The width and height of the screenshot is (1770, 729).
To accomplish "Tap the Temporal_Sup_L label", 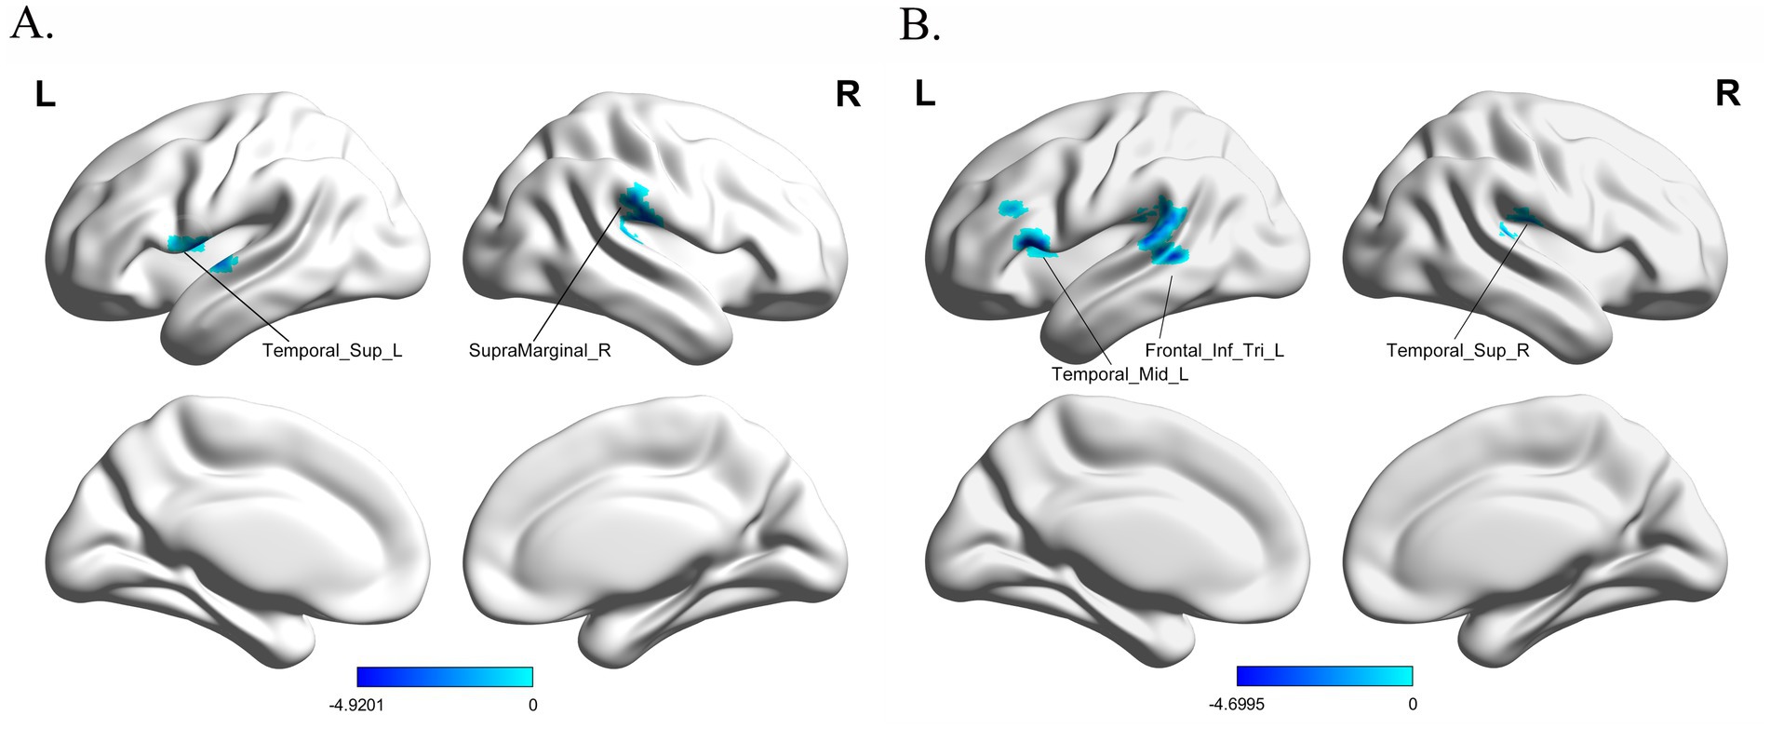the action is click(x=332, y=351).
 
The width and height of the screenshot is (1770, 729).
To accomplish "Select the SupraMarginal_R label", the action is click(x=540, y=351).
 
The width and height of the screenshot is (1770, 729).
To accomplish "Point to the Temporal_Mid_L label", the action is click(x=1120, y=374).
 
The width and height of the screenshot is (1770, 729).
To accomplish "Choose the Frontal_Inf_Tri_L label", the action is click(x=1214, y=351).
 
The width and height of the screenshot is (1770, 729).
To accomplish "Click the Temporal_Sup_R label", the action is click(x=1457, y=351).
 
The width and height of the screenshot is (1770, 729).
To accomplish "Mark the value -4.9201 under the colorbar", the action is click(x=356, y=705).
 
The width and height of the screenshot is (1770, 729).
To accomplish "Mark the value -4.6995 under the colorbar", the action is click(x=1237, y=705).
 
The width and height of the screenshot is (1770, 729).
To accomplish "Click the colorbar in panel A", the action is click(x=445, y=676).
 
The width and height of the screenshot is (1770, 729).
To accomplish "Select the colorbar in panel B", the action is click(x=1324, y=676).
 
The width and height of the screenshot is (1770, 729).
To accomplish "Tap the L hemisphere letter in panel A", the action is click(x=45, y=94).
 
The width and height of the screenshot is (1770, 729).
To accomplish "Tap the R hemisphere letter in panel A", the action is click(x=848, y=94).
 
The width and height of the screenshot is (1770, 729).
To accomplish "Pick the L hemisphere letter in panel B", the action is click(x=924, y=94).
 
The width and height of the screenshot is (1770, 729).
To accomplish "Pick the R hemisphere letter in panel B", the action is click(x=1727, y=94).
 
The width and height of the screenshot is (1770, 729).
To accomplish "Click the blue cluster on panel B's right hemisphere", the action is click(x=1519, y=221).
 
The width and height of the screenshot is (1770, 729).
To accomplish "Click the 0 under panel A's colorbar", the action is click(x=532, y=705).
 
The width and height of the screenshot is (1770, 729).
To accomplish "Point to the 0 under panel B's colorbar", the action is click(x=1412, y=705).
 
